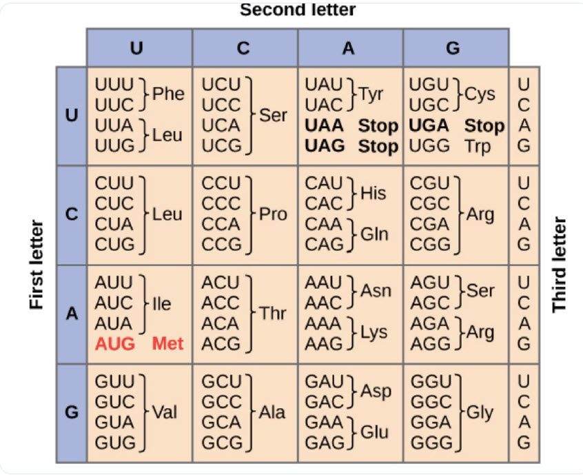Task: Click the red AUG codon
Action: click(115, 344)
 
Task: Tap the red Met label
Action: click(167, 344)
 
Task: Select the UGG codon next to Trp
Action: click(429, 146)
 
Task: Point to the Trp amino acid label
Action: click(478, 147)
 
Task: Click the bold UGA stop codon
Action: click(429, 125)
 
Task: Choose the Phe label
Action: click(168, 93)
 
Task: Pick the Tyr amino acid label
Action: click(371, 94)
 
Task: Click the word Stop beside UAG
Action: click(378, 147)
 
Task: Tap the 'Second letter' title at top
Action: click(298, 9)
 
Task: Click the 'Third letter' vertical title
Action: click(559, 265)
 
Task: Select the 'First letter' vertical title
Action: click(37, 265)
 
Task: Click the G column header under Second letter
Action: click(453, 48)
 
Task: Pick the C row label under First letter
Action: click(72, 214)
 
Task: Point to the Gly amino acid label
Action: click(480, 413)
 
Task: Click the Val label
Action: click(165, 412)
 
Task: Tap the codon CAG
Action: click(324, 244)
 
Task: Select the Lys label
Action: click(374, 332)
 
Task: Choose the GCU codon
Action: click(222, 382)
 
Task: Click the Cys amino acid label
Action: click(480, 94)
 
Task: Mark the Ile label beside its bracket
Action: click(162, 304)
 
